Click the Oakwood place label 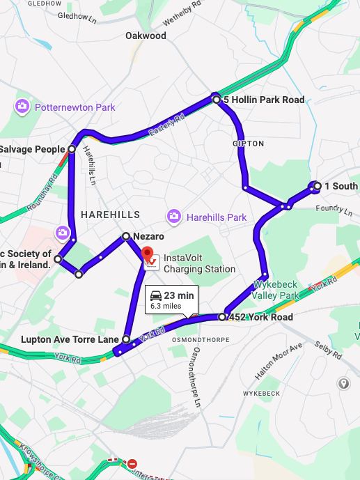(x=146, y=36)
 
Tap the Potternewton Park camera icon (x=23, y=107)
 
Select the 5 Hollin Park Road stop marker (x=217, y=100)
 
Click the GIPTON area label (x=249, y=144)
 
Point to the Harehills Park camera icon (x=173, y=217)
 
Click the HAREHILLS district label (x=110, y=215)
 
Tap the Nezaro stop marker (x=126, y=236)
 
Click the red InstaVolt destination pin (x=148, y=254)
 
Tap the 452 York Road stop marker (x=222, y=317)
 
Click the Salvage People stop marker (x=72, y=149)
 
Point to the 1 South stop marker (x=318, y=186)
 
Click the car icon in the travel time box (x=156, y=295)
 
